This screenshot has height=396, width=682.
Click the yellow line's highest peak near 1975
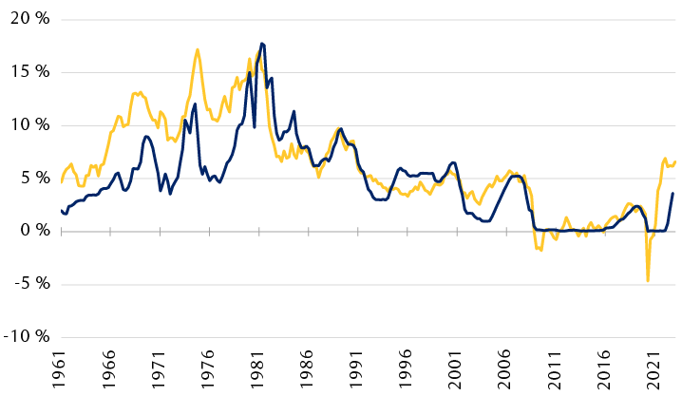pyautogui.click(x=198, y=49)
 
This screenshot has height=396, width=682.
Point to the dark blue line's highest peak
pyautogui.click(x=262, y=44)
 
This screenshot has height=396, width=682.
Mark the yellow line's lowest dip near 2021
pyautogui.click(x=648, y=280)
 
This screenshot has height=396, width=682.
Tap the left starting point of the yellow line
pyautogui.click(x=61, y=181)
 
